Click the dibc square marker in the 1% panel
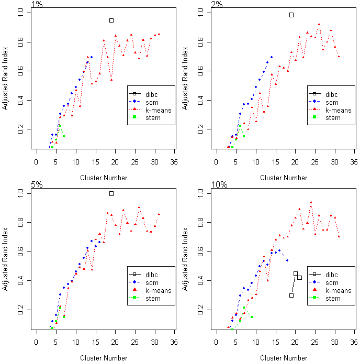(x=111, y=20)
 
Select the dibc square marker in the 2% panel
(x=291, y=15)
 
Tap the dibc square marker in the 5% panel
(x=111, y=193)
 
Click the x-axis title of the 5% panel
(x=104, y=358)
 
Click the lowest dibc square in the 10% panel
(x=291, y=296)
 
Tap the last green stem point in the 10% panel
(x=252, y=317)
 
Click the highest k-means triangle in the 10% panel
(x=311, y=202)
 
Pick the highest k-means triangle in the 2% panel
(x=319, y=24)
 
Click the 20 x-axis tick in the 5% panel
(x=115, y=342)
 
